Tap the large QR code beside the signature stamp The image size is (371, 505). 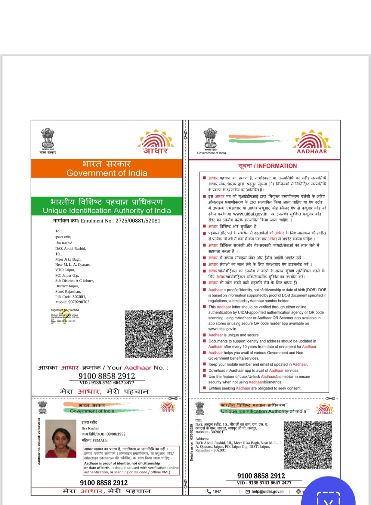[149, 334]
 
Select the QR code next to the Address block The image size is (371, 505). [307, 445]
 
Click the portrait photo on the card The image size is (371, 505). [61, 438]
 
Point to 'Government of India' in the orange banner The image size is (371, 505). [107, 173]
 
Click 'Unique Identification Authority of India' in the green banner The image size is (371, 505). [107, 210]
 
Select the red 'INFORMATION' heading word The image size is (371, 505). [277, 166]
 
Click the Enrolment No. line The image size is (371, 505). [107, 221]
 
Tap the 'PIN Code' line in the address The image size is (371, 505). [71, 297]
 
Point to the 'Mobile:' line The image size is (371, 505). [72, 302]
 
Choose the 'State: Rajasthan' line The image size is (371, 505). [68, 292]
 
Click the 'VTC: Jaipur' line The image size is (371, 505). [65, 270]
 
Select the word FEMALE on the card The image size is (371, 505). [100, 440]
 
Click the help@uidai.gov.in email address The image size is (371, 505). [267, 492]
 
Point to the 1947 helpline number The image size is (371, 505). [216, 492]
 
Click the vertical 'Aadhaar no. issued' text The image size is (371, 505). [39, 441]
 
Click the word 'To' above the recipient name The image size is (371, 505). [57, 231]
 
